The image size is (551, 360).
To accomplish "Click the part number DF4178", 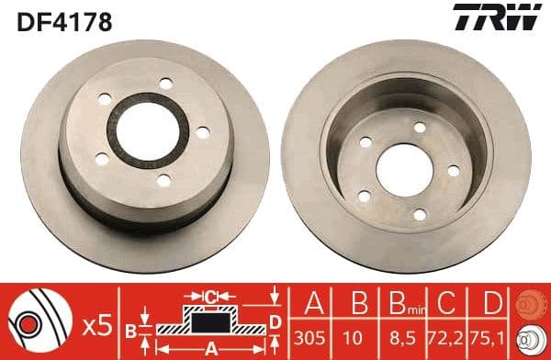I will pyautogui.click(x=62, y=20).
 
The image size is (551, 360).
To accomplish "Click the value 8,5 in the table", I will pyautogui.click(x=399, y=339).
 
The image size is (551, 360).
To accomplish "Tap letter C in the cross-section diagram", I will pyautogui.click(x=209, y=296).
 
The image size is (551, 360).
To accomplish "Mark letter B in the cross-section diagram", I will pyautogui.click(x=131, y=328).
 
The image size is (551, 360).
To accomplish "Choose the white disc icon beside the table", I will pyautogui.click(x=532, y=340).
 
